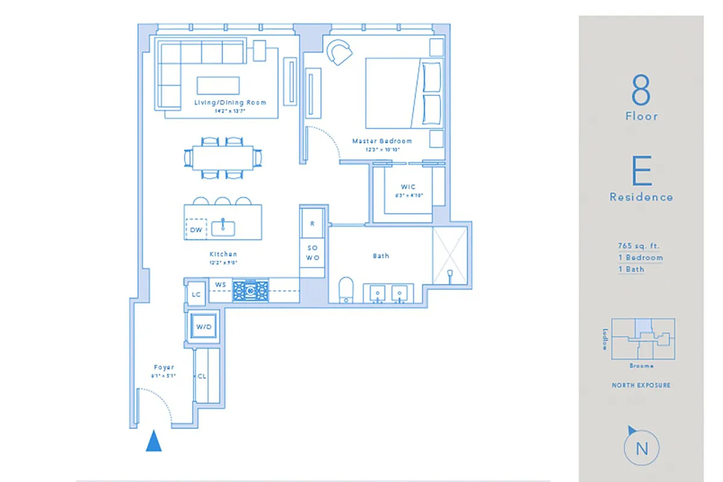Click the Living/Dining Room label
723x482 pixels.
point(230,102)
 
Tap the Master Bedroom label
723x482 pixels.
point(382,141)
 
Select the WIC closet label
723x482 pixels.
point(408,187)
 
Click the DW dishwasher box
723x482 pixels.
point(196,230)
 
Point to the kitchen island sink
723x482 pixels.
point(224,227)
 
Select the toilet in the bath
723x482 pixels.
point(346,289)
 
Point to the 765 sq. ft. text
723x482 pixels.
point(639,246)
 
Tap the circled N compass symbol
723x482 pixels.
point(641,448)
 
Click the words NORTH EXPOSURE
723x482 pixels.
point(641,385)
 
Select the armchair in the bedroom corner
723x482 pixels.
point(339,52)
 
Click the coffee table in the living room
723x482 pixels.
point(218,85)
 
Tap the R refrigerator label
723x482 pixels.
point(312,223)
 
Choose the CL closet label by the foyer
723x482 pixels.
point(201,376)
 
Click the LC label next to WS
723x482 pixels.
point(195,295)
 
